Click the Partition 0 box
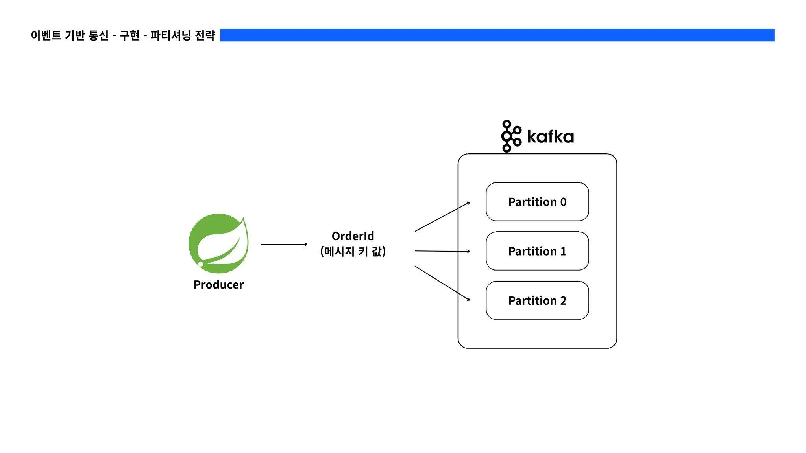point(537,202)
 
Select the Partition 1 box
point(537,251)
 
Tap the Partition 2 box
point(537,300)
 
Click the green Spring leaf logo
point(218,243)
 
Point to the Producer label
point(218,284)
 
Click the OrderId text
point(353,236)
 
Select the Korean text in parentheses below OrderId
point(353,251)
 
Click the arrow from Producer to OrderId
point(284,244)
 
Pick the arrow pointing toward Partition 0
point(442,217)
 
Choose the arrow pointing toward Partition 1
point(442,251)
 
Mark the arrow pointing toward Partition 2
point(442,283)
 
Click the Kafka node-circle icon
point(510,136)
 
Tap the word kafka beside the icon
point(550,137)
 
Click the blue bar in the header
point(497,35)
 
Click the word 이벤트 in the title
point(46,35)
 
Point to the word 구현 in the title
point(129,35)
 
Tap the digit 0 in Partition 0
point(563,202)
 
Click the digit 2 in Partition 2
point(563,301)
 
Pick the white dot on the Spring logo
point(201,264)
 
